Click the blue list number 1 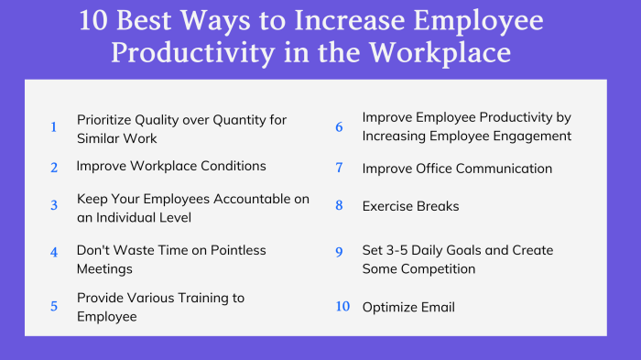click(53, 128)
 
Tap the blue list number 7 click(339, 169)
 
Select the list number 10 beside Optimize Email click(342, 306)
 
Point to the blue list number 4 click(54, 251)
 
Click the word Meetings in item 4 click(104, 268)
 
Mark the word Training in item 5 click(204, 298)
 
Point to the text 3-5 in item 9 click(401, 250)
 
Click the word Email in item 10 click(436, 307)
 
